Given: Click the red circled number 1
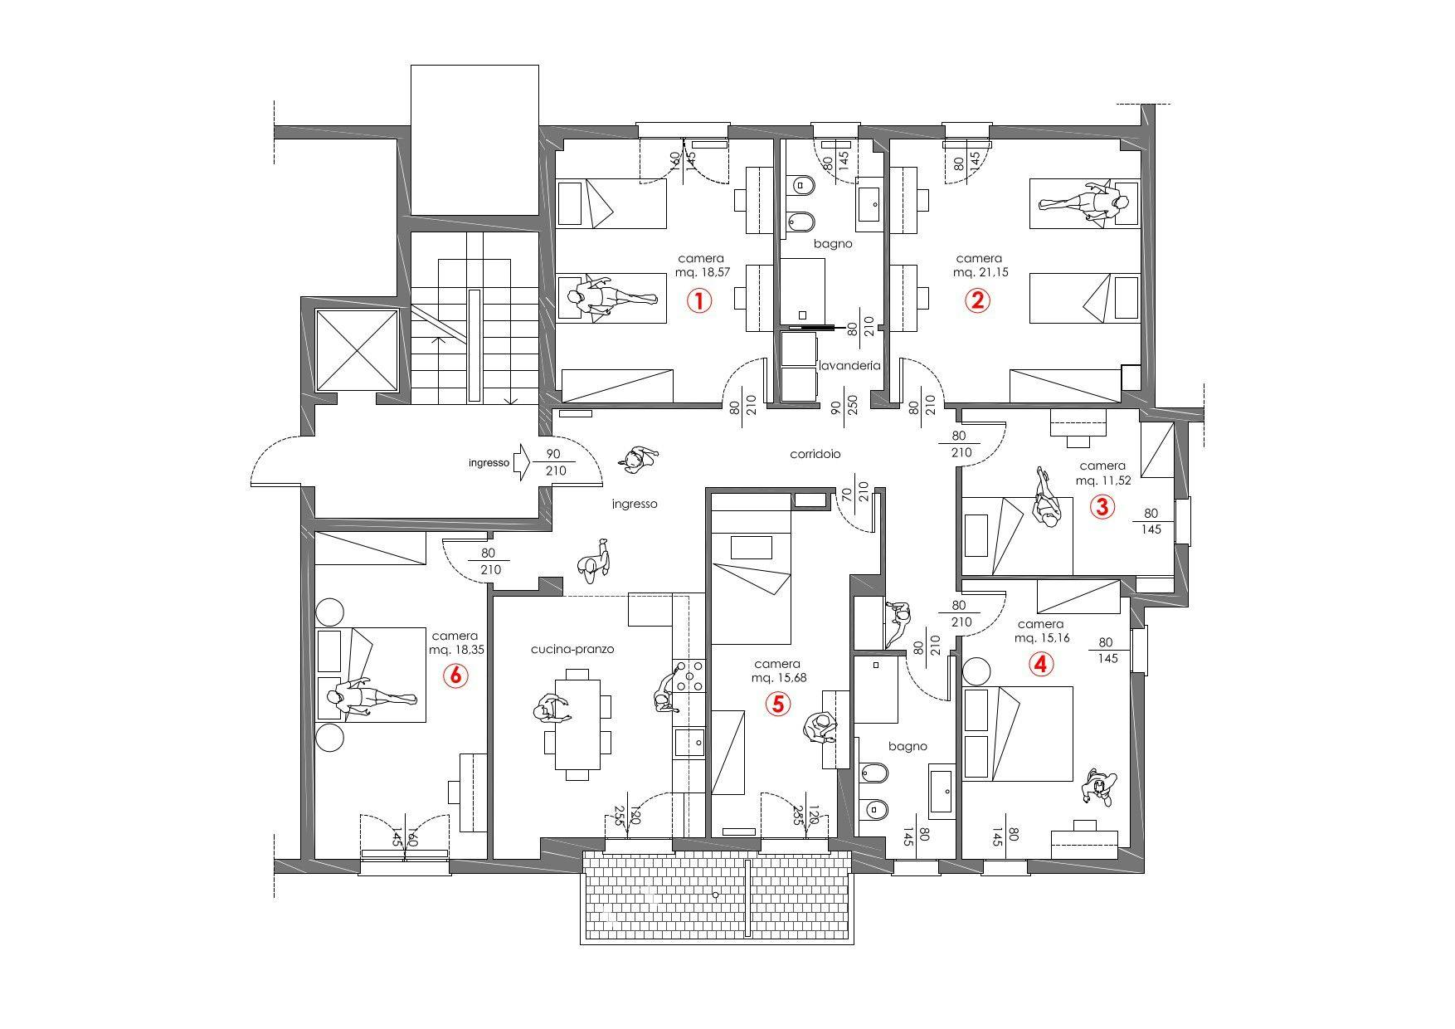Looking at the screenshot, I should (698, 300).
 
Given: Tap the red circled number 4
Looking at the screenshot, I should (1040, 664).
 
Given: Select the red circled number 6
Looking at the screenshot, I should (455, 675).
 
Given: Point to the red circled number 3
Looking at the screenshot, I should (1101, 506).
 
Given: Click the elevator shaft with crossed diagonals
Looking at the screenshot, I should (357, 349).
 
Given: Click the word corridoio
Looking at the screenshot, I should (815, 455).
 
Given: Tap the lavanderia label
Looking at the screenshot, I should (849, 365).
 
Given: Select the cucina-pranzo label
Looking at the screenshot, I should (572, 649).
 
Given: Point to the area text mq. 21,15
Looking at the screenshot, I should (980, 272).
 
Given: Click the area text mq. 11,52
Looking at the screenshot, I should (1102, 480).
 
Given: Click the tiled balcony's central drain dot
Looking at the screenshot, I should (715, 895).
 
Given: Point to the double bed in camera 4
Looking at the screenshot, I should (1017, 734).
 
